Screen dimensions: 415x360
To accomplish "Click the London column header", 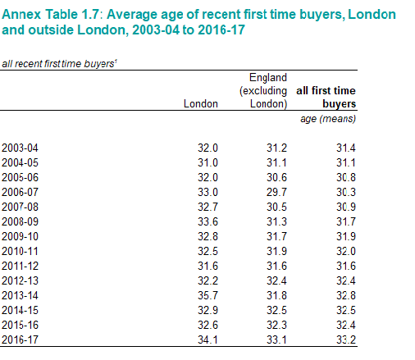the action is pos(201,104).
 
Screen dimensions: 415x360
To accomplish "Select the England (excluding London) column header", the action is pos(263,91).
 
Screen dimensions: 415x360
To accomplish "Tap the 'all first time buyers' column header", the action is pos(326,97).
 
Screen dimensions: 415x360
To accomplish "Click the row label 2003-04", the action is pos(20,148).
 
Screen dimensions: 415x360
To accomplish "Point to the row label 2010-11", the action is pos(20,251).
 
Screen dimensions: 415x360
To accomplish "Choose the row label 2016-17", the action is pos(20,339).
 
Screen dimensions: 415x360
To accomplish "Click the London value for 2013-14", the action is pos(207,295).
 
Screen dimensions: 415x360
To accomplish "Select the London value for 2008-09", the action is pos(207,221).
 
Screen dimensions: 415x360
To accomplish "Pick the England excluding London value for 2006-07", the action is pos(276,192).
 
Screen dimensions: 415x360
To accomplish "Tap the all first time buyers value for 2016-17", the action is pos(346,339).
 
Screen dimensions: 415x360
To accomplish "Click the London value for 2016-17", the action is pos(207,339).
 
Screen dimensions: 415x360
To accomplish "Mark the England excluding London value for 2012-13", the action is pos(276,280).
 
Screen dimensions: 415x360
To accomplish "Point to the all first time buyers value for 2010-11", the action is pos(346,251).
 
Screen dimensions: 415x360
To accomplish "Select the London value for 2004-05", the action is pos(207,162).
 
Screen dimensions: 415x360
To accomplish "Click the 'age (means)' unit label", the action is pos(328,119).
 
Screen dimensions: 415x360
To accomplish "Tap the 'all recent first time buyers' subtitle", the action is pos(59,64).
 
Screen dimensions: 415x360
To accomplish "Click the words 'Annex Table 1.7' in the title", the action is pos(50,14).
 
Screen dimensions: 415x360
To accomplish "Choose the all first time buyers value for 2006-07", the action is pos(346,192).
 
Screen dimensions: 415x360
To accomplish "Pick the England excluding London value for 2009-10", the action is pos(276,236).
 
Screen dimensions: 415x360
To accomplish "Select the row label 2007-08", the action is pos(20,207).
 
